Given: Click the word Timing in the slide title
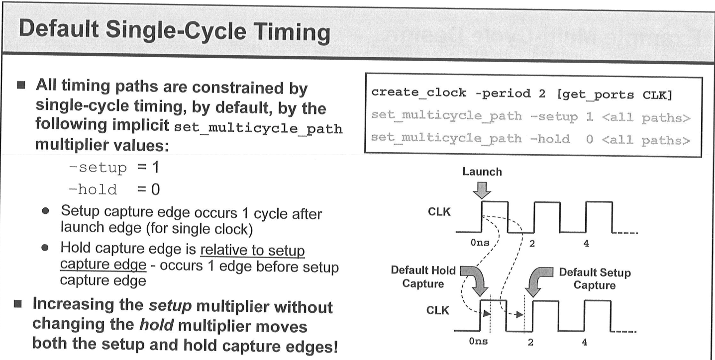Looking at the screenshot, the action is (x=292, y=33).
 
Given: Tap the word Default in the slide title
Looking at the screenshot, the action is (x=59, y=28).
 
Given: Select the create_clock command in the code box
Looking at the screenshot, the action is (x=418, y=92).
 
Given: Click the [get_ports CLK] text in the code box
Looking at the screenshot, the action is (x=614, y=95).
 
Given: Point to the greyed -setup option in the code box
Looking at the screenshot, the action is (x=554, y=117).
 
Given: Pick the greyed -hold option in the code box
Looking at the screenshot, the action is (x=550, y=139).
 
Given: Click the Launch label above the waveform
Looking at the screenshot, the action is (x=482, y=172).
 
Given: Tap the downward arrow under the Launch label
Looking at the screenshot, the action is (x=482, y=190).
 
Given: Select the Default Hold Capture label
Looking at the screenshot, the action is (x=423, y=277).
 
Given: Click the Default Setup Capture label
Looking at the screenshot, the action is (x=595, y=278).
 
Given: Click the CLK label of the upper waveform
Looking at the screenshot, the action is (x=439, y=212).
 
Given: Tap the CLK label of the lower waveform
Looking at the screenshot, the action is (x=438, y=310).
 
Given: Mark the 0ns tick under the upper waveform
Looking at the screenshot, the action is (x=480, y=243).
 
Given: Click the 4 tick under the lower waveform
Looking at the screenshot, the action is (x=585, y=342).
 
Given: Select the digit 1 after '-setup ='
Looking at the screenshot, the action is (x=155, y=167).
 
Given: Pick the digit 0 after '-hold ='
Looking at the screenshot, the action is (x=155, y=189).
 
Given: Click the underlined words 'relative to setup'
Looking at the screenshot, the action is (x=252, y=250).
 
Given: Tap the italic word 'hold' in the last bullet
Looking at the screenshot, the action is (x=156, y=325).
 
